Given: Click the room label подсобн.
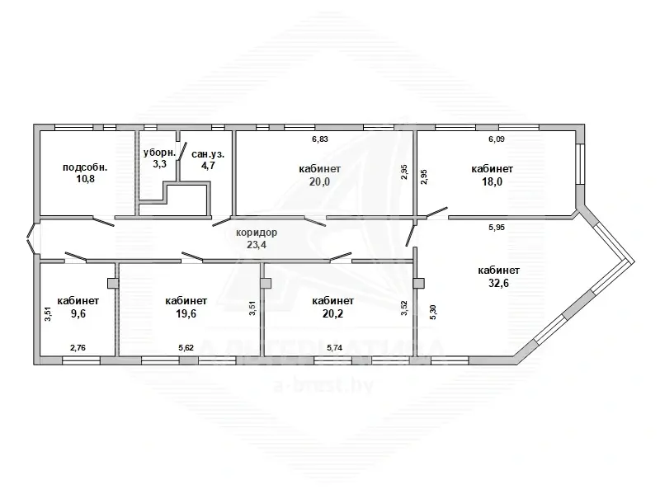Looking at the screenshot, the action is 85,167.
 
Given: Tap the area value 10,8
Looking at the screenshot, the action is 85,179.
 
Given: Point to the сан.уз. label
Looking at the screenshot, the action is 208,154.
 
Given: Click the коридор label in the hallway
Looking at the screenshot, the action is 257,233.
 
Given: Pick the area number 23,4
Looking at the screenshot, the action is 257,244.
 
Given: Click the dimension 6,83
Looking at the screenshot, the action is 320,139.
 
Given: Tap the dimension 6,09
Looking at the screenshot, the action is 497,139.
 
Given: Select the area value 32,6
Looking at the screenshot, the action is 498,283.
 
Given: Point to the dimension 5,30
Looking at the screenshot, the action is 434,312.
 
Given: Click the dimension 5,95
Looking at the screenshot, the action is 497,228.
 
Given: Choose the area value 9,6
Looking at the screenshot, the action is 78,313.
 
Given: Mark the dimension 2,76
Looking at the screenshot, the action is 78,348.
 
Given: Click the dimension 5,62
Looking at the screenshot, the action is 186,348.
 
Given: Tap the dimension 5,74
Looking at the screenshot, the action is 335,348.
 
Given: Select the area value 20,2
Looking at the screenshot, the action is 333,313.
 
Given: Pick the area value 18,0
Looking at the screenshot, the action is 492,182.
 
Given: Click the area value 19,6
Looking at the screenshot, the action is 186,313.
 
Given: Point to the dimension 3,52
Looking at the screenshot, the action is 404,308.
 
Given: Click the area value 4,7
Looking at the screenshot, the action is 208,166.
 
